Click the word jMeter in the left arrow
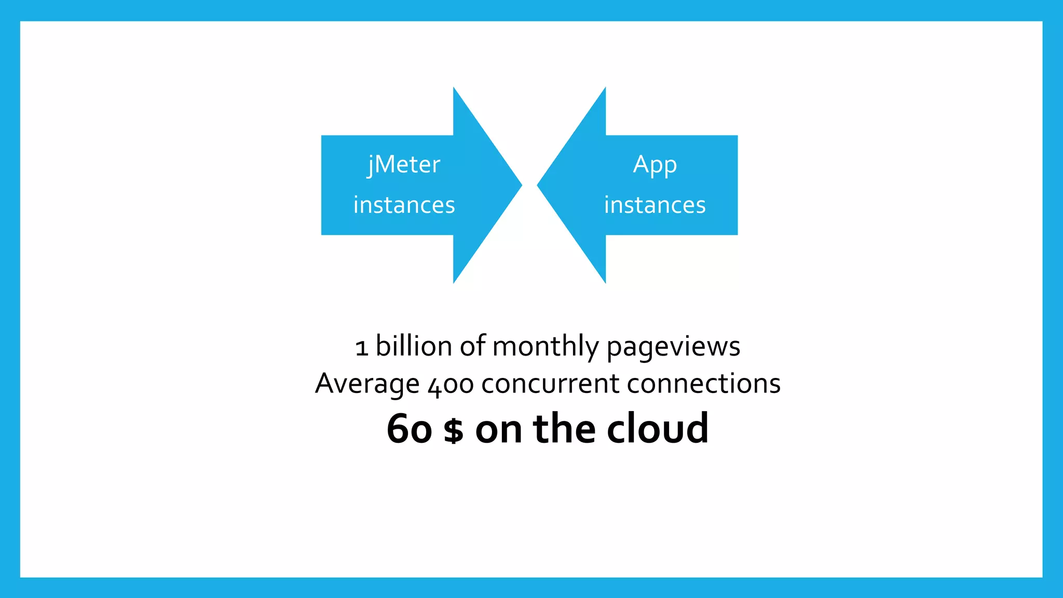[x=404, y=165]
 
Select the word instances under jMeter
[x=404, y=205]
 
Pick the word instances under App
[x=655, y=205]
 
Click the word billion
[x=414, y=346]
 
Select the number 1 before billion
[x=362, y=348]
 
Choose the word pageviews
[x=673, y=347]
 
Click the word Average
[x=366, y=384]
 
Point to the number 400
[x=451, y=385]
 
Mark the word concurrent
[x=550, y=384]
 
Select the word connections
[x=703, y=384]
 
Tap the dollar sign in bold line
[x=454, y=430]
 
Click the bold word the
[x=564, y=429]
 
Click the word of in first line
[x=472, y=346]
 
